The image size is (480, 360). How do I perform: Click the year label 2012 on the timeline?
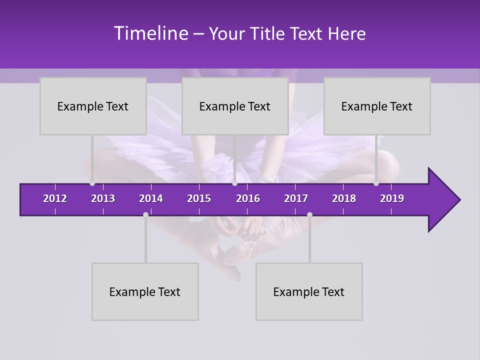[55, 198]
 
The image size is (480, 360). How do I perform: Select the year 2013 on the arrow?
[103, 198]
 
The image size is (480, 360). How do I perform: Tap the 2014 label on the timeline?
[151, 198]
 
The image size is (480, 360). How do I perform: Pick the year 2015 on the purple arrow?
[199, 198]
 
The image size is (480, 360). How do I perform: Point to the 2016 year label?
[248, 198]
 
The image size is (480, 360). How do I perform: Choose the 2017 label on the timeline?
[296, 198]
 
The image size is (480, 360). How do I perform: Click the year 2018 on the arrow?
[344, 198]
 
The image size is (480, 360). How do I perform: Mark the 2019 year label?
[392, 198]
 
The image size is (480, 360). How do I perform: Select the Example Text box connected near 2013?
[93, 106]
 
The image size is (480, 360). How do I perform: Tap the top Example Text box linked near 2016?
[235, 106]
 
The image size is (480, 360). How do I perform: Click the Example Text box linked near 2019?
[377, 106]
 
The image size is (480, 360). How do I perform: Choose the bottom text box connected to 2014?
[145, 291]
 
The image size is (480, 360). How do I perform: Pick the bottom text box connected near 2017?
[309, 291]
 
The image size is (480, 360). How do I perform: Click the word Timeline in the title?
[151, 33]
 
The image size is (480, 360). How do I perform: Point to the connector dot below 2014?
[145, 214]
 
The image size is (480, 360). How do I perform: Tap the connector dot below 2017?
[309, 214]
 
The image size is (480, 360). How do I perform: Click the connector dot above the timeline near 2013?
[92, 183]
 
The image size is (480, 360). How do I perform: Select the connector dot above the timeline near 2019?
[376, 183]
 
